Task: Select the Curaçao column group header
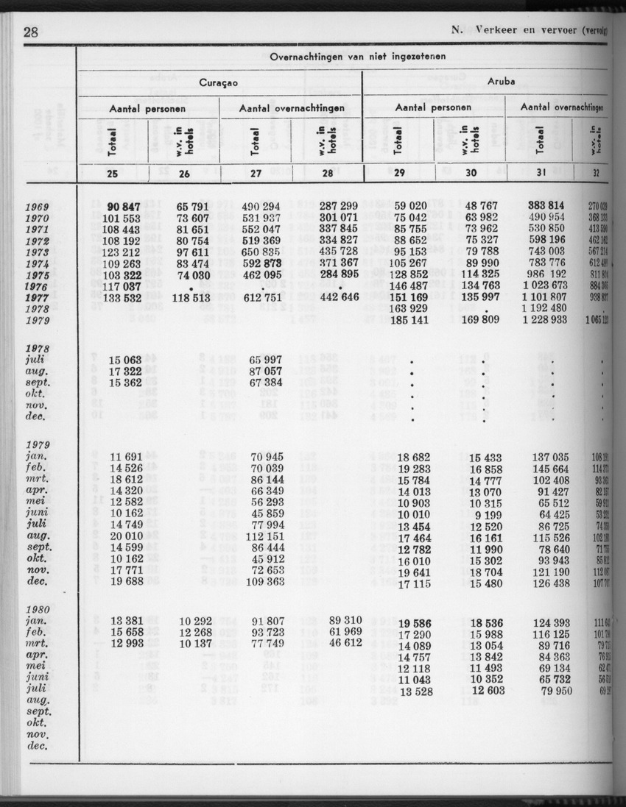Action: point(217,82)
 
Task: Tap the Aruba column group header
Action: point(501,82)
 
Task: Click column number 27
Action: point(256,174)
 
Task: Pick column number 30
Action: point(471,174)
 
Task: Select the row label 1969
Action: point(35,207)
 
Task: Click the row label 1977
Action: point(35,299)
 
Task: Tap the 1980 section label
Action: point(35,610)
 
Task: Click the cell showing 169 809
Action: point(481,320)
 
